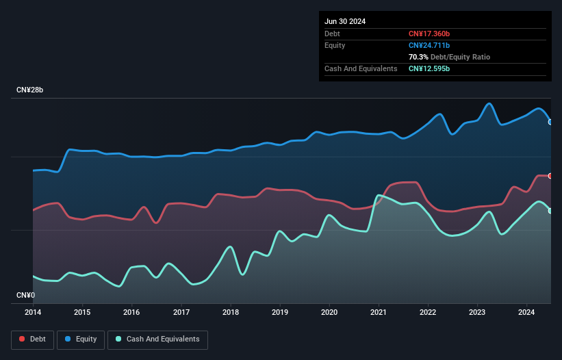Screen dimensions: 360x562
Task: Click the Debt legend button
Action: point(31,339)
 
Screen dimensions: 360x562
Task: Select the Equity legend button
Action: point(81,339)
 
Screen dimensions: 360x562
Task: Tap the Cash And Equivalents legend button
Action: point(157,339)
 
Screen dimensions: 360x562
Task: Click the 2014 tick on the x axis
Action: point(33,313)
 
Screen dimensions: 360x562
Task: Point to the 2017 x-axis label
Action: point(181,313)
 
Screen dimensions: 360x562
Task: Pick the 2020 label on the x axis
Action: point(330,313)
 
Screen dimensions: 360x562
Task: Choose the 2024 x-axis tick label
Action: point(527,313)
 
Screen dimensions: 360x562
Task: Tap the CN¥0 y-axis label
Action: point(25,296)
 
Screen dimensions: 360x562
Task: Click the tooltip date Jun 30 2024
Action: point(345,21)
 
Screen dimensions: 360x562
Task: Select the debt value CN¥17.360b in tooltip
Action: point(430,34)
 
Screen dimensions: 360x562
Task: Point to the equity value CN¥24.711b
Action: point(430,45)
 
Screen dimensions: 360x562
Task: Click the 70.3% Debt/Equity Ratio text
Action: point(449,57)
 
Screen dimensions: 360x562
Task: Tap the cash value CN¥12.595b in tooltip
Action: point(430,68)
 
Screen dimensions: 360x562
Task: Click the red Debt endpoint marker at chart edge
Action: point(550,176)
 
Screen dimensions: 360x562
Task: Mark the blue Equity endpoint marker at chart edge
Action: point(550,122)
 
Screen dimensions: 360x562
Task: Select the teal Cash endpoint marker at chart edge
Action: point(550,211)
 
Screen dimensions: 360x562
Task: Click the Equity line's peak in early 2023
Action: point(489,103)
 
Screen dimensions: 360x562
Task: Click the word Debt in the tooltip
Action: point(332,34)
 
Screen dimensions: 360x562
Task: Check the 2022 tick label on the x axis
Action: point(429,313)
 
